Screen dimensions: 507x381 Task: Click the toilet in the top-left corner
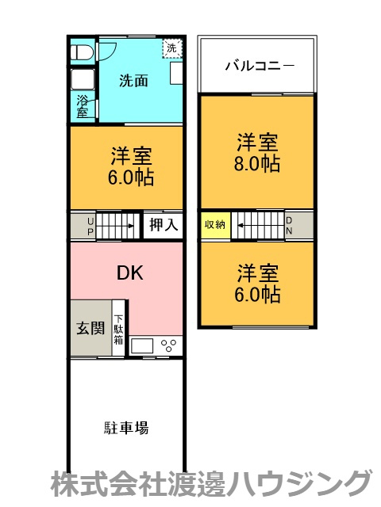coord(81,52)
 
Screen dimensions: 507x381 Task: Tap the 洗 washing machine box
coord(171,48)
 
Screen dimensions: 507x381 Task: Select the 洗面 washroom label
coord(133,81)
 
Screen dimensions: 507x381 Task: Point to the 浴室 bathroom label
coord(83,106)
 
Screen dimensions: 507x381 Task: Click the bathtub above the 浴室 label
coord(82,81)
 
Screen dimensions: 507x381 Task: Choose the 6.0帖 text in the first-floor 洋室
coord(132,176)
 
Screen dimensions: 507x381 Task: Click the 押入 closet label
coord(163,225)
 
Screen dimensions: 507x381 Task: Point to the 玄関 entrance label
coord(90,327)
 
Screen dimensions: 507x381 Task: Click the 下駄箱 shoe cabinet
coord(118,327)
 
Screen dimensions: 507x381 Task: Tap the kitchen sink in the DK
coord(143,345)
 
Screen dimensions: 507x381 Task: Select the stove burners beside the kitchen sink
coord(170,345)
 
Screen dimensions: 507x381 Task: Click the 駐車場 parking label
coord(125,429)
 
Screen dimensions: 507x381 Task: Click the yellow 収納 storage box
coord(215,225)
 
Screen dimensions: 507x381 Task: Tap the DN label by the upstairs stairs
coord(289,225)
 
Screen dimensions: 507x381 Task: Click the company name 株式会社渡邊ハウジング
coord(211,482)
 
